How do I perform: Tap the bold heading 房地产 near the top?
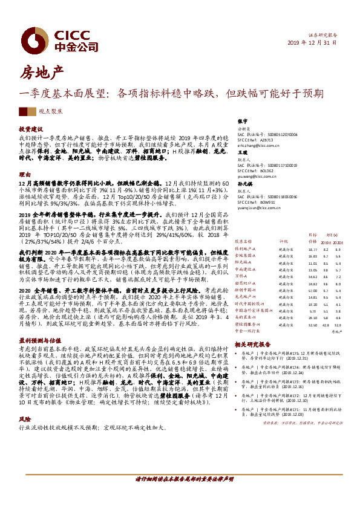42,73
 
